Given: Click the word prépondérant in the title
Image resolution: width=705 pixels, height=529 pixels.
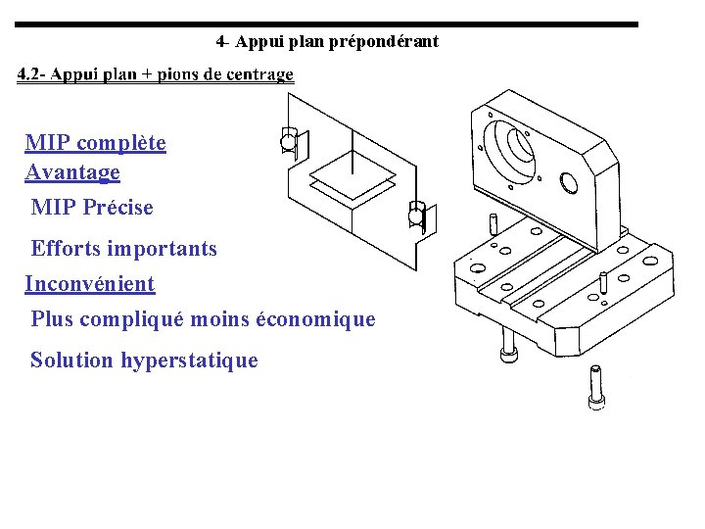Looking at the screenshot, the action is (x=384, y=42).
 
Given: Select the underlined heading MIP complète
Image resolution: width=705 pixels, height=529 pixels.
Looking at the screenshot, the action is (x=95, y=143).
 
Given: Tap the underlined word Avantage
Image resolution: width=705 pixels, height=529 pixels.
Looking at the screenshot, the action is (x=72, y=172).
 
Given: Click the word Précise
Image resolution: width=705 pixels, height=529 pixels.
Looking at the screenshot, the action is (x=117, y=207).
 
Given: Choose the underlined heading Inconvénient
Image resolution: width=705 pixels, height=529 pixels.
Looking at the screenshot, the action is (x=90, y=284).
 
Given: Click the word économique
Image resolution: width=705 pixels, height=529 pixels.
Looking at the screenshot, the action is (x=315, y=319).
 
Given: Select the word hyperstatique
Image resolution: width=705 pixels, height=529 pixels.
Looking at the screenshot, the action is (x=189, y=361).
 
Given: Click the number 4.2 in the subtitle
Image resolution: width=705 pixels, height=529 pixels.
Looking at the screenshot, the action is (x=28, y=73).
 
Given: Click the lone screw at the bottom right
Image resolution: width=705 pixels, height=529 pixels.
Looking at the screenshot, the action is (x=595, y=387).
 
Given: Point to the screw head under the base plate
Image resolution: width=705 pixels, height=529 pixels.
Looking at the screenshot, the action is (x=508, y=355).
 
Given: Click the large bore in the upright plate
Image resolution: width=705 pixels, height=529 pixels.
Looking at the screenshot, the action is (x=509, y=150).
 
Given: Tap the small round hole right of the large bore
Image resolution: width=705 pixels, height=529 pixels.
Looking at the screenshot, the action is (x=568, y=182).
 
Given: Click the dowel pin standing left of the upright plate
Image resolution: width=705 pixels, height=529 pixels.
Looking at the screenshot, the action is (x=493, y=224).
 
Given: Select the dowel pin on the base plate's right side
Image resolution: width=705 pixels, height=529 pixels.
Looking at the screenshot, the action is (x=603, y=282).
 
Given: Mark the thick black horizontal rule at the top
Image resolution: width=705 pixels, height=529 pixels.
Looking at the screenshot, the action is (x=326, y=24).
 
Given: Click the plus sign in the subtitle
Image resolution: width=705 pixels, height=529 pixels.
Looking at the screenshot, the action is (x=147, y=74).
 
